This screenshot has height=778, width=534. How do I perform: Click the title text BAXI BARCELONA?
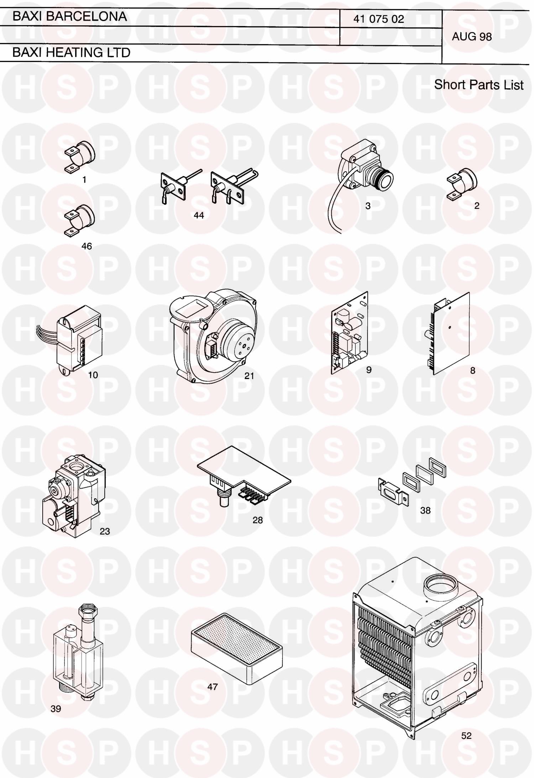[x=70, y=16]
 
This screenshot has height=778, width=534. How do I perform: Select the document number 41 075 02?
[x=378, y=19]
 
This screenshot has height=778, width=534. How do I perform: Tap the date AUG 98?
[x=472, y=36]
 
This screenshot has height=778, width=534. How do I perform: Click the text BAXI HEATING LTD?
[x=71, y=53]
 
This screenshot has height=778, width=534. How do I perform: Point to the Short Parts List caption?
[x=479, y=85]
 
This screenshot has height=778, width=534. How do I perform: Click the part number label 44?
[x=199, y=215]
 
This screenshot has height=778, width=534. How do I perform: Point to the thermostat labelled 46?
[x=80, y=221]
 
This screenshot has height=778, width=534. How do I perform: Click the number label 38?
[x=425, y=510]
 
